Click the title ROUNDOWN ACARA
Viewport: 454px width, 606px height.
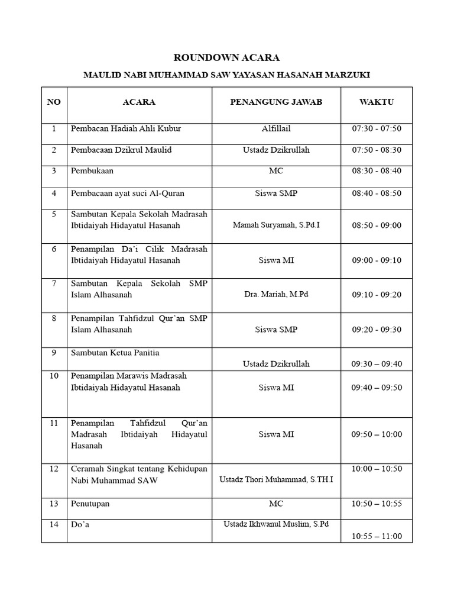point(226,58)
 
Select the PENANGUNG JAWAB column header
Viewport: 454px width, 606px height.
point(276,102)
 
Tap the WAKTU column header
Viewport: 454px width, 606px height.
point(377,102)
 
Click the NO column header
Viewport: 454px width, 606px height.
point(54,102)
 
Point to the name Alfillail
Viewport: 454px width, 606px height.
point(276,128)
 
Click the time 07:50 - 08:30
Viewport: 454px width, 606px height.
point(377,150)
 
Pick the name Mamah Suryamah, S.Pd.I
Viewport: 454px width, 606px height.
point(276,225)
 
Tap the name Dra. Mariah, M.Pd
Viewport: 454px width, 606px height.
point(276,294)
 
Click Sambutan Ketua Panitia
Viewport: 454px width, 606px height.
point(115,353)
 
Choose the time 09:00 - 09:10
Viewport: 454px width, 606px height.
point(377,259)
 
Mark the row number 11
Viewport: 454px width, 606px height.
point(54,423)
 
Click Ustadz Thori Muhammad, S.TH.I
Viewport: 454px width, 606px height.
point(276,479)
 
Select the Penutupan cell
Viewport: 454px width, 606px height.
point(90,504)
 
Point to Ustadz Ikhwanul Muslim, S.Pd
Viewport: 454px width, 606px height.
point(276,524)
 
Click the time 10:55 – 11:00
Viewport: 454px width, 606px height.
point(377,536)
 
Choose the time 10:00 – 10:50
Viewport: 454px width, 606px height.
point(377,469)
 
